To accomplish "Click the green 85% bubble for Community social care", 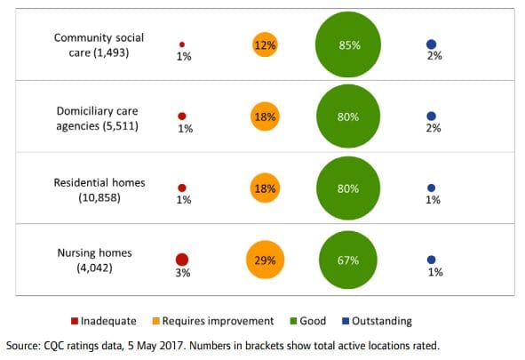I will [x=348, y=44].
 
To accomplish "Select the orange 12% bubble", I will [x=265, y=44].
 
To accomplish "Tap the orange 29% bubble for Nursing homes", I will [x=265, y=260].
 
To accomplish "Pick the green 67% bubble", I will [x=348, y=260].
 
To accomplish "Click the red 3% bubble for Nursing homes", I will [x=182, y=260].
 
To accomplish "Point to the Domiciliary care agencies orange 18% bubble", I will [x=265, y=116].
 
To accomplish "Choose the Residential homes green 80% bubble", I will [x=348, y=188].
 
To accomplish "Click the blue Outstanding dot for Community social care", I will [x=431, y=44].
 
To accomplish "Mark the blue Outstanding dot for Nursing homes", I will [x=431, y=260].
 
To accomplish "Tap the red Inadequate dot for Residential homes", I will [x=182, y=188].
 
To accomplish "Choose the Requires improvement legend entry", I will [x=217, y=321].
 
